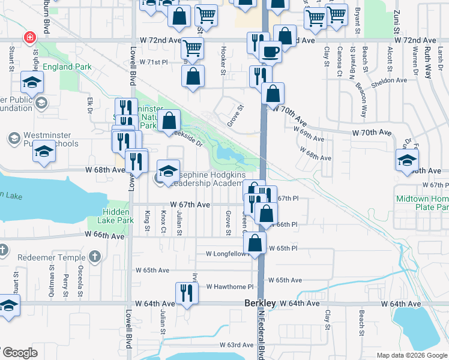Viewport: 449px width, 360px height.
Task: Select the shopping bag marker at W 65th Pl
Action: [x=255, y=243]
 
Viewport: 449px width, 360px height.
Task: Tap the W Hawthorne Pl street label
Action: [x=230, y=287]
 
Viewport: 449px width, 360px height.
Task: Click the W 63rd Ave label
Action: [x=237, y=345]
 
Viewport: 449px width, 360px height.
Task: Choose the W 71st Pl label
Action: [x=155, y=62]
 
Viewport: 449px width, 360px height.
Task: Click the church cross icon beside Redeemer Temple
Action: [x=94, y=257]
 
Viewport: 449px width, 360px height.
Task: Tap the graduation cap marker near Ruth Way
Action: [x=407, y=160]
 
